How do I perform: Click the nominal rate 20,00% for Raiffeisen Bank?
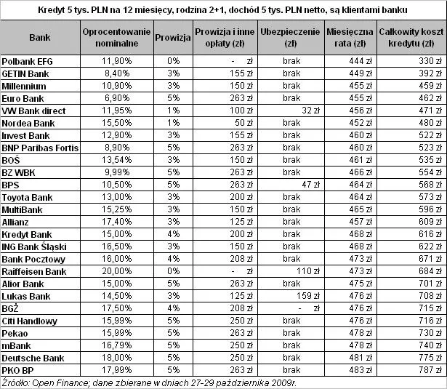pos(117,271)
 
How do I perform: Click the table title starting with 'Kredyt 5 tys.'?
pos(222,9)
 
